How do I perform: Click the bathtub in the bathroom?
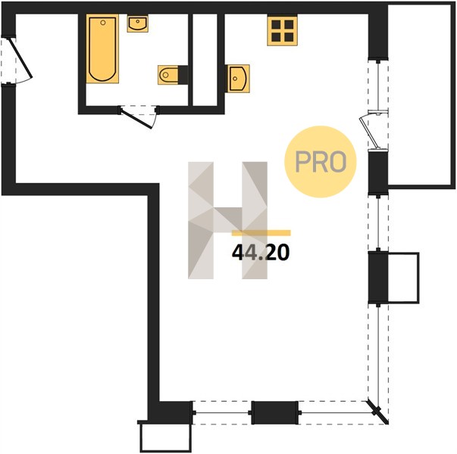pyautogui.click(x=102, y=48)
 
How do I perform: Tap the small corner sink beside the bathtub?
pyautogui.click(x=138, y=23)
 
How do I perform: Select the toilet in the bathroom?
pyautogui.click(x=168, y=75)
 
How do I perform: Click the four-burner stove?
pyautogui.click(x=282, y=30)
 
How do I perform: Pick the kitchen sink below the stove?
pyautogui.click(x=239, y=79)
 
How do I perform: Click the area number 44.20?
pyautogui.click(x=261, y=252)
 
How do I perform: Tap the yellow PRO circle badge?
pyautogui.click(x=321, y=161)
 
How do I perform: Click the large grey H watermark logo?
pyautogui.click(x=227, y=220)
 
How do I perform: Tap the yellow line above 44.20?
pyautogui.click(x=261, y=233)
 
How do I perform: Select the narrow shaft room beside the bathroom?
pyautogui.click(x=205, y=60)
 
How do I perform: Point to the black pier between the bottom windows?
pyautogui.click(x=275, y=412)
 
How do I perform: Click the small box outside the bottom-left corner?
pyautogui.click(x=165, y=437)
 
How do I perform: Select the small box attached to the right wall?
pyautogui.click(x=403, y=278)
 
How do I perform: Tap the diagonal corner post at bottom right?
pyautogui.click(x=377, y=412)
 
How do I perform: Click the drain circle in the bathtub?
pyautogui.click(x=103, y=23)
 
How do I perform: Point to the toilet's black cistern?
pyautogui.click(x=183, y=75)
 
